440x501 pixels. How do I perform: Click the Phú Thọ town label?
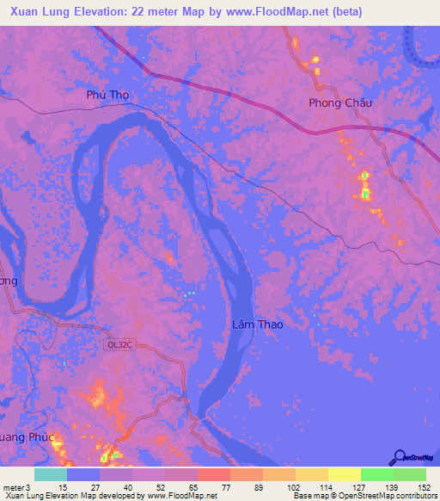click(107, 96)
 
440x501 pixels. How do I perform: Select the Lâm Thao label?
click(257, 325)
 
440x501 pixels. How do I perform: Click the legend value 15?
click(63, 486)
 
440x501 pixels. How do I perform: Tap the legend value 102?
click(292, 486)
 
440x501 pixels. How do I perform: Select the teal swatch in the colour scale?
click(51, 474)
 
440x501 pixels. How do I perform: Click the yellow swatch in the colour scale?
click(344, 474)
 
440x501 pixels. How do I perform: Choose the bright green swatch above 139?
click(376, 474)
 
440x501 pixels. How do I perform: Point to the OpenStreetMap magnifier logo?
click(399, 457)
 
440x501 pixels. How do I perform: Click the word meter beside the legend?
click(12, 486)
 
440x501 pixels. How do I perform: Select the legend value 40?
click(128, 486)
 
